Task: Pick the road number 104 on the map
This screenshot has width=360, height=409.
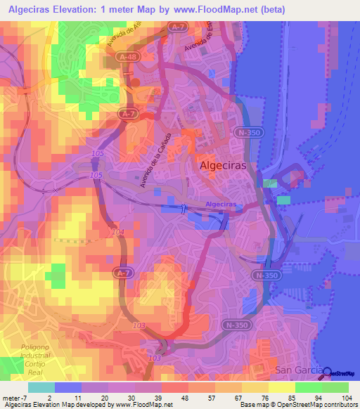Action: (118, 231)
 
